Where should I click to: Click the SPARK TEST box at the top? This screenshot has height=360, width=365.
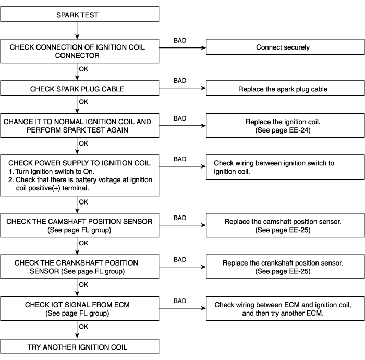(x=80, y=14)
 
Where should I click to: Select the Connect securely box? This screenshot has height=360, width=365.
(x=285, y=47)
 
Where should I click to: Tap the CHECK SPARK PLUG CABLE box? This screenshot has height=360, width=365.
(x=80, y=88)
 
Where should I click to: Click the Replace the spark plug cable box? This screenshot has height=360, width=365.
(x=285, y=88)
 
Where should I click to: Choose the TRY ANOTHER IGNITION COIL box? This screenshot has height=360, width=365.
(x=80, y=346)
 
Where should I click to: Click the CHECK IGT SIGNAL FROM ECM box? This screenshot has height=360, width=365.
(x=80, y=308)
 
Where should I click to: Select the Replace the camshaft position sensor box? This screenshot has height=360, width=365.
(x=285, y=225)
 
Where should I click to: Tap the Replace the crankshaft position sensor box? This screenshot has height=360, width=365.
(x=285, y=267)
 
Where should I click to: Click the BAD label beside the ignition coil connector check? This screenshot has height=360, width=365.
(x=180, y=41)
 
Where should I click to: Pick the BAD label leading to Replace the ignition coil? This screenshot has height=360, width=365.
(x=180, y=118)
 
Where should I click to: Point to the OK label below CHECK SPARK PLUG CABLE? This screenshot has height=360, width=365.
(x=83, y=102)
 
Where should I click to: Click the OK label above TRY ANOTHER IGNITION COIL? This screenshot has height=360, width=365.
(x=83, y=327)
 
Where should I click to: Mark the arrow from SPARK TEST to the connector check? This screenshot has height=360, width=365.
(x=77, y=30)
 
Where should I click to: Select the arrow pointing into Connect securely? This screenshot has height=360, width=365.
(x=182, y=47)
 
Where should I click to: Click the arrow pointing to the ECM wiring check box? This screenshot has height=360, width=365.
(x=182, y=308)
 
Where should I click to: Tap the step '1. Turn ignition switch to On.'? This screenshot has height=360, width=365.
(x=51, y=172)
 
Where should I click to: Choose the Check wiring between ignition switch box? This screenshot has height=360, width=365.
(x=285, y=167)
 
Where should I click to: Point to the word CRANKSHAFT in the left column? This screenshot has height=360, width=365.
(x=75, y=263)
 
